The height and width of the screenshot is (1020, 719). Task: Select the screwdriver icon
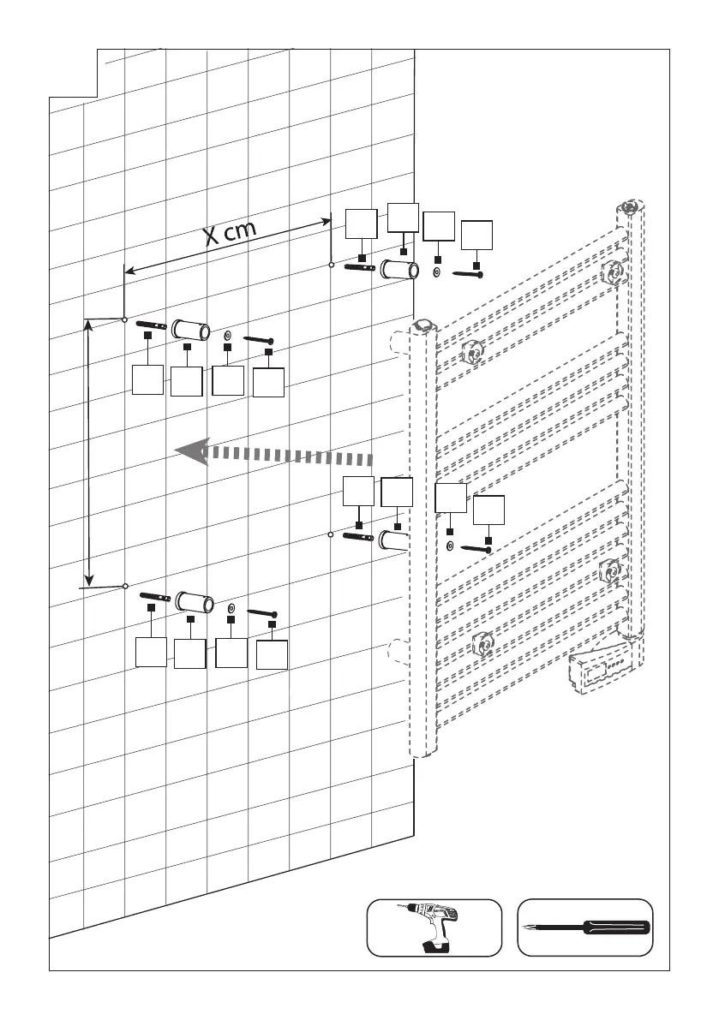[x=587, y=928]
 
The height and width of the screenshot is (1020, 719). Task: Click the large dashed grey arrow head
[x=194, y=451]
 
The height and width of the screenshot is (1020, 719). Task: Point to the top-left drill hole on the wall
[x=125, y=319]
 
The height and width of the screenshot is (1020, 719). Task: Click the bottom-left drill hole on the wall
[x=125, y=586]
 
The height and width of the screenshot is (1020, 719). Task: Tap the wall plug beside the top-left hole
[x=151, y=325]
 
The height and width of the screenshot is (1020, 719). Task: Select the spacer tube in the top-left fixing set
[x=192, y=330]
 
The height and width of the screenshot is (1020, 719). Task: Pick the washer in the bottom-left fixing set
[x=231, y=607]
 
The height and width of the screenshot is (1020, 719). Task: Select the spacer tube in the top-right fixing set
[x=399, y=271]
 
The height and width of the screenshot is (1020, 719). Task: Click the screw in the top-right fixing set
[x=468, y=275]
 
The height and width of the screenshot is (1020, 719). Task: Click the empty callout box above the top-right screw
[x=476, y=236]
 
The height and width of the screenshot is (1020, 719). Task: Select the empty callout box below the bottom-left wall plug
[x=152, y=653]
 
